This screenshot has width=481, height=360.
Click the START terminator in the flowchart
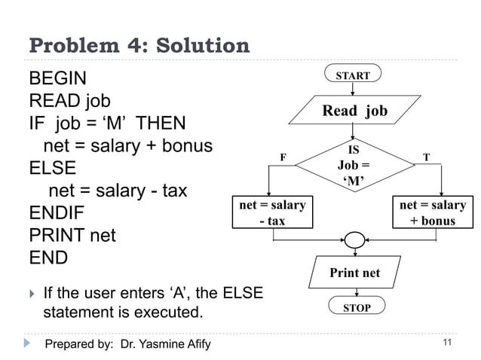[353, 75]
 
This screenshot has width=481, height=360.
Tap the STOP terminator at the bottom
[357, 308]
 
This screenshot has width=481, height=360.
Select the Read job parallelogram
[354, 111]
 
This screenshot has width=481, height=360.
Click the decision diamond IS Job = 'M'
[354, 165]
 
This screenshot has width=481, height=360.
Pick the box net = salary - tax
[272, 212]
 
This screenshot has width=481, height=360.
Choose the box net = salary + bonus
[433, 212]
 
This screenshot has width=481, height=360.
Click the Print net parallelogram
[355, 273]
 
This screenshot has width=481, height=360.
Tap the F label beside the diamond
[283, 158]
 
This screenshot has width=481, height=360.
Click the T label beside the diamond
[426, 158]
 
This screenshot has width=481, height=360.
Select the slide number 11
[447, 344]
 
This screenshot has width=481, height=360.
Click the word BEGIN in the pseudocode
[57, 78]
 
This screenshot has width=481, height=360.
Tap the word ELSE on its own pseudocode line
[51, 168]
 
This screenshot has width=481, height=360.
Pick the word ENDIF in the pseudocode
[57, 212]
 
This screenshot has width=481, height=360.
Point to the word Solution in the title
[201, 46]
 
